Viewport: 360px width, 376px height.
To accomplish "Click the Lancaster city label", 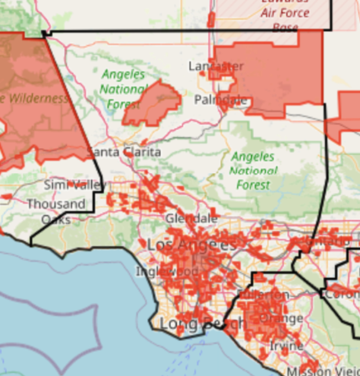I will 216,66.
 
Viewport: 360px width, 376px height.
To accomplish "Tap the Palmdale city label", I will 220,100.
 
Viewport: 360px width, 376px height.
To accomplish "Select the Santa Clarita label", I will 125,152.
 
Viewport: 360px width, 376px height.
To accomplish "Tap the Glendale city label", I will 191,219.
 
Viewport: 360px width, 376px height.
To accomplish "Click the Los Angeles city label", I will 191,245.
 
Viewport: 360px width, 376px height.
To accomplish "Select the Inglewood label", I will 167,271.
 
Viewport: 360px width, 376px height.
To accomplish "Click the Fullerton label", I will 263,294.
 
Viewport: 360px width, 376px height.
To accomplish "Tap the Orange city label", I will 281,319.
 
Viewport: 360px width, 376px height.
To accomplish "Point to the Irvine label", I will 286,345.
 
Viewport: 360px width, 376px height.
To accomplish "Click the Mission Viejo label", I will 322,371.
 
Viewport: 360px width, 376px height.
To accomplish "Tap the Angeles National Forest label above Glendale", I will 253,170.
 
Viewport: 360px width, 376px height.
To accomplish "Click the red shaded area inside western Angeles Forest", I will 153,104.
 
